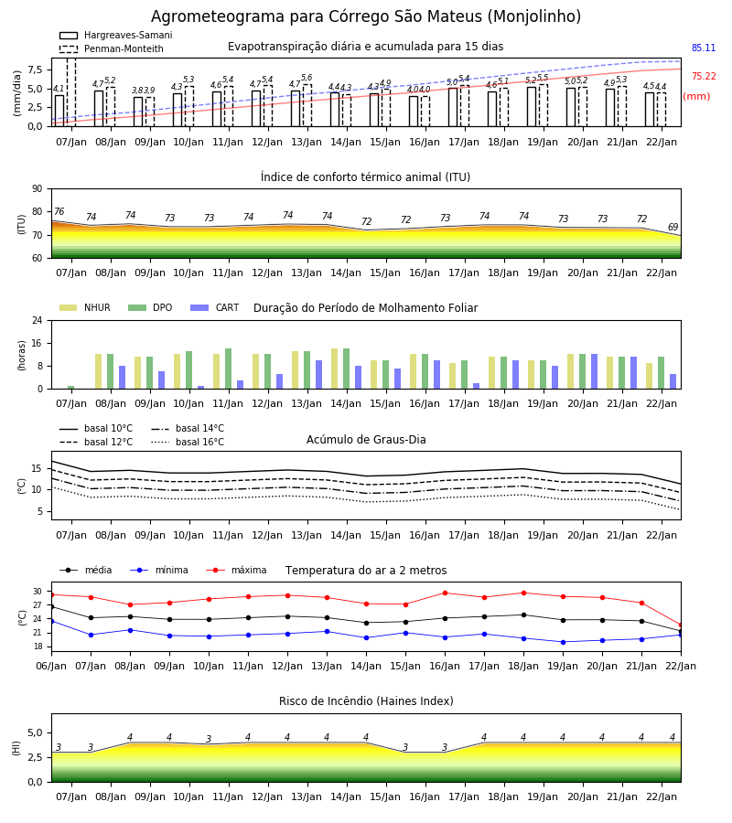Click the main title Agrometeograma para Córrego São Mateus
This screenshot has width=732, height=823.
[x=366, y=16]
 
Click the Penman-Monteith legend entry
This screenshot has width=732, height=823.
[x=112, y=48]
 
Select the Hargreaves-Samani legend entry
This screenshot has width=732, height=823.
[x=115, y=35]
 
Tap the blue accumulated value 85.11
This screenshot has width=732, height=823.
[x=704, y=48]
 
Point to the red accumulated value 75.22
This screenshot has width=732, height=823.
[x=704, y=76]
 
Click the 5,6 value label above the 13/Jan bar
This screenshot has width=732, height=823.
[x=307, y=78]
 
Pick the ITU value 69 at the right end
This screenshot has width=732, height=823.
[x=673, y=227]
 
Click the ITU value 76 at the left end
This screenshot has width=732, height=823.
[x=59, y=211]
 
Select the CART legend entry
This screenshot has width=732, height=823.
[x=215, y=307]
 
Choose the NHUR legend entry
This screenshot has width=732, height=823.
[x=85, y=307]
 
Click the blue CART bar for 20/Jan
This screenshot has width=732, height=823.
[x=595, y=371]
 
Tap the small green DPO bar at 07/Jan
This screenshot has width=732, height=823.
[x=70, y=388]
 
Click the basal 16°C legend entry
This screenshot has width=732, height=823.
[x=188, y=442]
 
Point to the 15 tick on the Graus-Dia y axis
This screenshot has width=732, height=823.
[x=41, y=469]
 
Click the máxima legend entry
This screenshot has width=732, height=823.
[x=237, y=570]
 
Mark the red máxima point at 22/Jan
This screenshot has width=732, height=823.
[x=681, y=625]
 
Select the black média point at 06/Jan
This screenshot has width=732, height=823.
[x=51, y=607]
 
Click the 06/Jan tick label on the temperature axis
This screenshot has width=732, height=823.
[x=51, y=666]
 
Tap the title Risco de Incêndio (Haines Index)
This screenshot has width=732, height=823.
[x=366, y=700]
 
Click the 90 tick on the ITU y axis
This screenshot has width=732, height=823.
[x=38, y=189]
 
